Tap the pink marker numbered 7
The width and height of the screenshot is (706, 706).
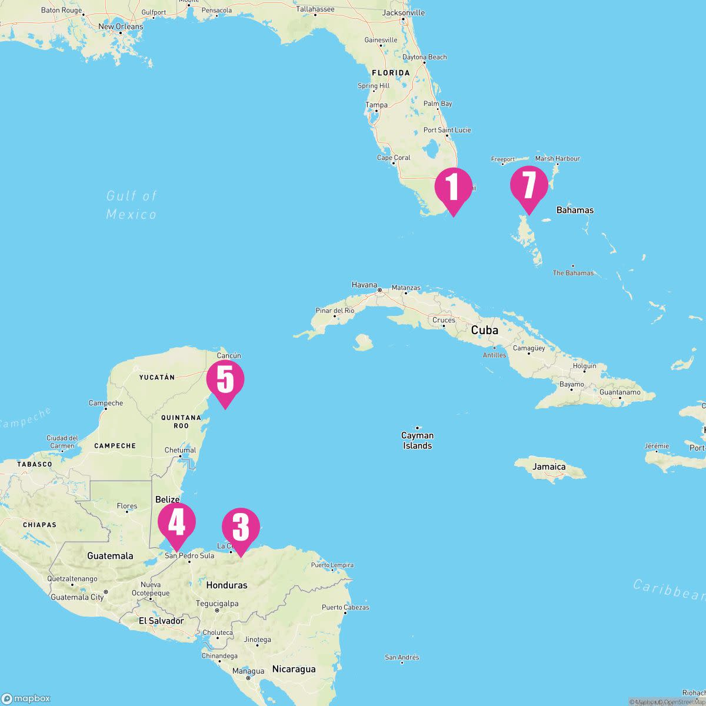(528, 185)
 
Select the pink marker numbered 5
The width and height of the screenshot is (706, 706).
(225, 380)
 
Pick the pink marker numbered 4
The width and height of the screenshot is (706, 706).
(176, 522)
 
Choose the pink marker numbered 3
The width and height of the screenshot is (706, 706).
(241, 527)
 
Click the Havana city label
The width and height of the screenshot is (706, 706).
(364, 285)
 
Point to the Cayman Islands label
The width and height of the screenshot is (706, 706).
(417, 440)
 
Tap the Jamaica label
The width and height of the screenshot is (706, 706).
(549, 467)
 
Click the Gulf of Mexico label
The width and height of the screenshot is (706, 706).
(132, 205)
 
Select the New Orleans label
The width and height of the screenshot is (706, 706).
(121, 26)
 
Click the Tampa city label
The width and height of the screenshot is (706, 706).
(377, 105)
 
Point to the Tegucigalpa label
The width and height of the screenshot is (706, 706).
(217, 603)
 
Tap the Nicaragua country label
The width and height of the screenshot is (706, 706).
(294, 669)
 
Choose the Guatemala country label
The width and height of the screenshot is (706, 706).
(110, 555)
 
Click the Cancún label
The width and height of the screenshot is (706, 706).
(229, 355)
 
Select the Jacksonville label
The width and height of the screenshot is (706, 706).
(404, 12)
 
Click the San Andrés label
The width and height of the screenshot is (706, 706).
(402, 657)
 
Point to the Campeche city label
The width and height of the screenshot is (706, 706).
(106, 403)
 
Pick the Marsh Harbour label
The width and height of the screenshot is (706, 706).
(557, 158)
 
